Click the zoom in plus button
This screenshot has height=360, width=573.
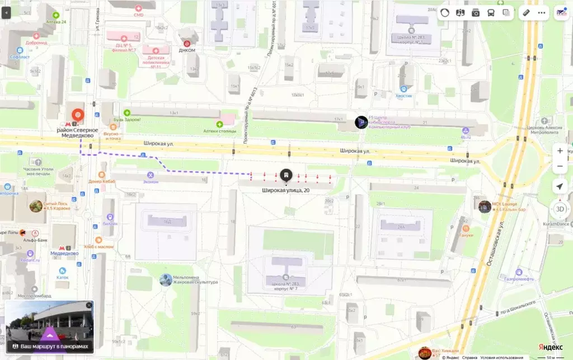560,151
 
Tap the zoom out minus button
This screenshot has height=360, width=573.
560,166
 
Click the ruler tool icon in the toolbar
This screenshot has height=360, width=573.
525,12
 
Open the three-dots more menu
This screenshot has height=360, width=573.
542,12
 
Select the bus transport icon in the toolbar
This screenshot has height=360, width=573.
491,12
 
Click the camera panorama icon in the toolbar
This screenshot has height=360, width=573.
476,12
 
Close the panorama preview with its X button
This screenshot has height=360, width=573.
88,305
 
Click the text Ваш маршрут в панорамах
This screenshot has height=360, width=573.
55,347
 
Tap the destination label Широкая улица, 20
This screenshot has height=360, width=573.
286,190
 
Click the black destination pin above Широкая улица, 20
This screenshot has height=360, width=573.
286,174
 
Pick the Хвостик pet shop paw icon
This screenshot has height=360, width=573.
403,88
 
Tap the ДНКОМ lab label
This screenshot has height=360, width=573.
187,49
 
